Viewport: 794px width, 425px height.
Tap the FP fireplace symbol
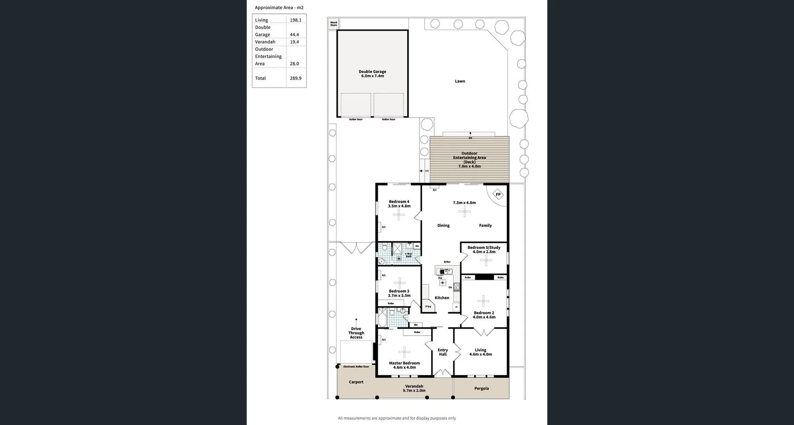point(498,194)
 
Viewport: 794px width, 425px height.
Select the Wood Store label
point(333,24)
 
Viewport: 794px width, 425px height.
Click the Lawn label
point(460,81)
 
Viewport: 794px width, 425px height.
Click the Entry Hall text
point(442,352)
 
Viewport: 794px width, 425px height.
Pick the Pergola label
point(481,388)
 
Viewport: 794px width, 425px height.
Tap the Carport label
point(356,382)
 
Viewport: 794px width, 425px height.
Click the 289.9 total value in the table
point(295,78)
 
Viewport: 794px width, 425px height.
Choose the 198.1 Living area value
point(295,20)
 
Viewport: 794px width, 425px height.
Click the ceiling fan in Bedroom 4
point(399,214)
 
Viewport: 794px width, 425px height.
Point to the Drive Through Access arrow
point(356,321)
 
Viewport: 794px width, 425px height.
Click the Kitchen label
point(442,298)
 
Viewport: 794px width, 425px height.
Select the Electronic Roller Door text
point(356,367)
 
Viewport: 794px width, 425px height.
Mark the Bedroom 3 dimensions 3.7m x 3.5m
point(399,296)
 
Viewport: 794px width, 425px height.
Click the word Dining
point(443,225)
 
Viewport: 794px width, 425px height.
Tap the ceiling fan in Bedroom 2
point(483,301)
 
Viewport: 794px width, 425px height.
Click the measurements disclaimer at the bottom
point(397,418)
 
